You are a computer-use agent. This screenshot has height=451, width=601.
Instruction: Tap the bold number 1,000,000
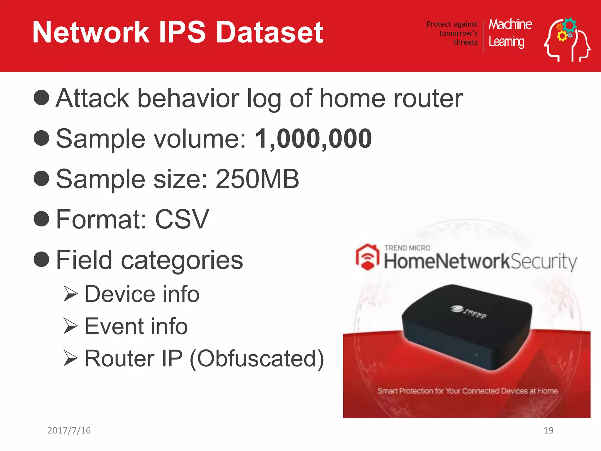point(313,139)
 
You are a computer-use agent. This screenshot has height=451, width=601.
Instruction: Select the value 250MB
point(257,179)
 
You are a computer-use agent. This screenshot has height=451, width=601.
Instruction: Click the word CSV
point(182,219)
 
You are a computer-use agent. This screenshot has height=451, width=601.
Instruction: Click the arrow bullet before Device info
point(70,294)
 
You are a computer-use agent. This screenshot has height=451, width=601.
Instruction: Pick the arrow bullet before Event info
point(70,326)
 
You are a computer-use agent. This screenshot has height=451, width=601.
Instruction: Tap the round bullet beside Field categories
point(41,259)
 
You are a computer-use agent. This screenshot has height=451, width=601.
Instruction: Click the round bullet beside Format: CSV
point(41,219)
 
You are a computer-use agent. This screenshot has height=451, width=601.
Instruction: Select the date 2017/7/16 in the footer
point(69,430)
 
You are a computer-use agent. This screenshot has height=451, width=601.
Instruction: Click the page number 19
point(548,430)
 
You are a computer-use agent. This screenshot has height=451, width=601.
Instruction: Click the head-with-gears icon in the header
point(566,40)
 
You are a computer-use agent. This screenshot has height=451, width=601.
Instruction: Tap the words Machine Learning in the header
point(510,33)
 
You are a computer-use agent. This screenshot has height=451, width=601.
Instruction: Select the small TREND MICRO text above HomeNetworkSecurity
point(407,248)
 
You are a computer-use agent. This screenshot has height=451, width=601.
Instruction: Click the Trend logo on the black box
point(469,312)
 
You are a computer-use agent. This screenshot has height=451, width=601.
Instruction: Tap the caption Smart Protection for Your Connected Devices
point(467,391)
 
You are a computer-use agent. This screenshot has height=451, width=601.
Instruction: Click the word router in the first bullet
point(428,98)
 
